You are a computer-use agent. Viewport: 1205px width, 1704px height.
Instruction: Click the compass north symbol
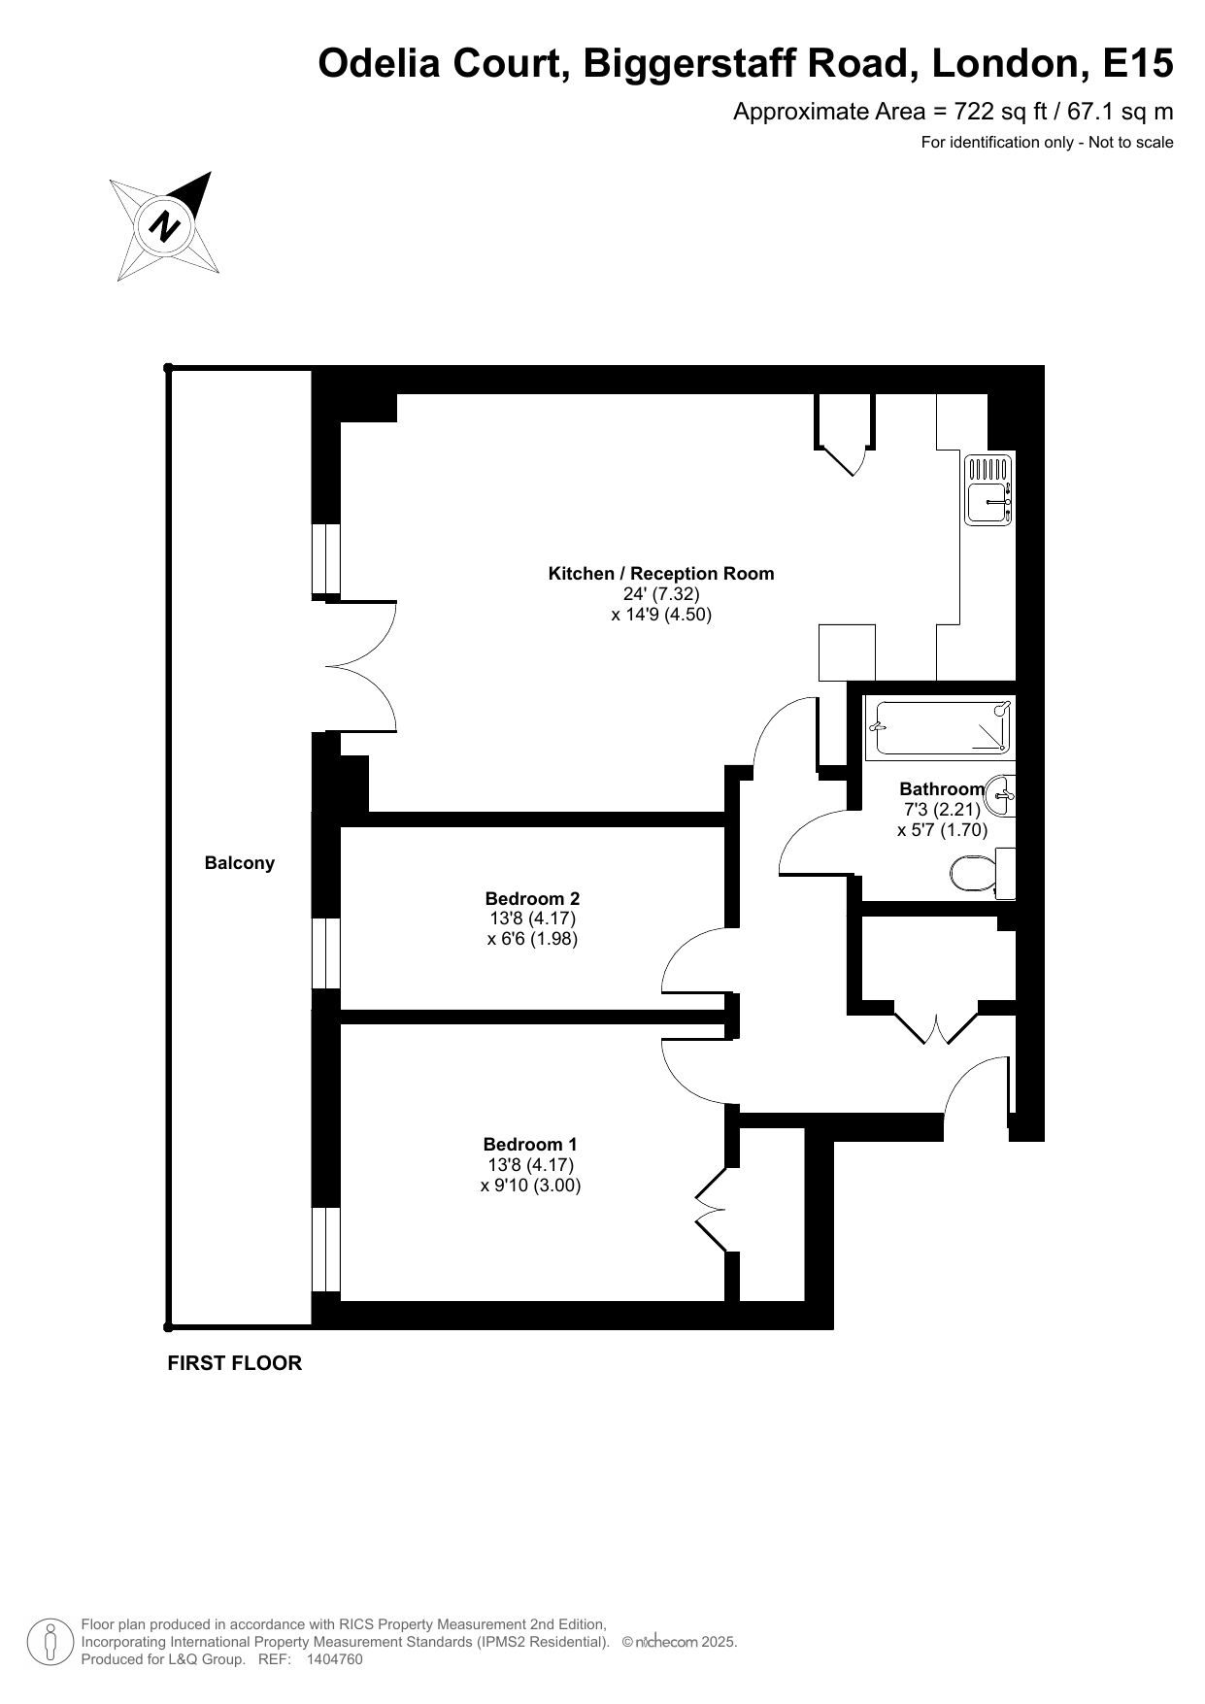[163, 226]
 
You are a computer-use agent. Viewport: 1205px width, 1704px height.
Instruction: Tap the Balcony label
[240, 863]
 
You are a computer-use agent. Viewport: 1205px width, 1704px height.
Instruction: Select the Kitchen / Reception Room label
[661, 574]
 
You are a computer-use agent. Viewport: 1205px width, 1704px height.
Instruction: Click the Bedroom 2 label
[532, 899]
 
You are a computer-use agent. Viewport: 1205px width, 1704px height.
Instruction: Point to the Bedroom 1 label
[530, 1145]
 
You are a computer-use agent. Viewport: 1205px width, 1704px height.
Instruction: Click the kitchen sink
[989, 489]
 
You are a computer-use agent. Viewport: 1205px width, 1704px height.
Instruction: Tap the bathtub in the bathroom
[940, 728]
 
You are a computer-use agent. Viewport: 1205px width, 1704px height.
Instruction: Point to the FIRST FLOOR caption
[235, 1363]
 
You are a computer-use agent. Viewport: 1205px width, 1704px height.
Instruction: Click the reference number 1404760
[334, 1659]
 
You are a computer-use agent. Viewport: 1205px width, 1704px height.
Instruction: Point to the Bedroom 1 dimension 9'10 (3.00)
[530, 1186]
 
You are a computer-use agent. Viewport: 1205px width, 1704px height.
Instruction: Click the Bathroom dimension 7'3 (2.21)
[942, 810]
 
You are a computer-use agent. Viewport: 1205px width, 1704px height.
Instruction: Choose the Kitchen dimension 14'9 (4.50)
[661, 615]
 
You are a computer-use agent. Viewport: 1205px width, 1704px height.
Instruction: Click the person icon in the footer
[50, 1642]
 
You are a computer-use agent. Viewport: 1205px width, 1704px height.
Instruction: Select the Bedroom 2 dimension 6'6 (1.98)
[532, 939]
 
